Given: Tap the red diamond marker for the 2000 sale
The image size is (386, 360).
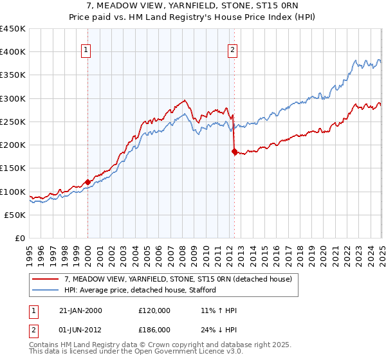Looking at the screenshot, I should point(87,183).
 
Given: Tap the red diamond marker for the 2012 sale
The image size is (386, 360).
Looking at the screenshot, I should point(234,152).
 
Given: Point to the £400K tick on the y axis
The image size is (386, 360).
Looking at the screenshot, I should point(13,52).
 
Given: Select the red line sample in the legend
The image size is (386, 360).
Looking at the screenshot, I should point(46,279).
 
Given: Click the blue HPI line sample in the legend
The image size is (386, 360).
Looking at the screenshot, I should point(46,290).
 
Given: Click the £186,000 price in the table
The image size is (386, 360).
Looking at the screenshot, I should point(154,329).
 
